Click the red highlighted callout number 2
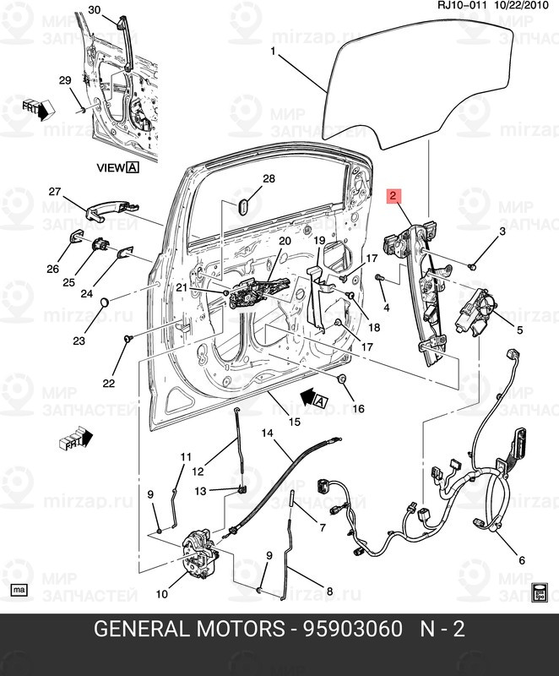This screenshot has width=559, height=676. pos(393,195)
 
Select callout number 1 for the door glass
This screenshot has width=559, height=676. pos(273,52)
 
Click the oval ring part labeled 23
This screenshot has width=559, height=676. pos(104,303)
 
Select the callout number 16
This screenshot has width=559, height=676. pos(358,409)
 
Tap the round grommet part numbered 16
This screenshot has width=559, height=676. pos(343,379)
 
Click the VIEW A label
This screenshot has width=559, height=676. pos(117,168)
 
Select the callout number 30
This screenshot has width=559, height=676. pos(94,10)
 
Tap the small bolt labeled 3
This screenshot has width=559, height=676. pos(471,266)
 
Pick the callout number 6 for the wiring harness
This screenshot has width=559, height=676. pos(521,560)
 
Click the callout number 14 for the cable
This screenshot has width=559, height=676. pos(267,433)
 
